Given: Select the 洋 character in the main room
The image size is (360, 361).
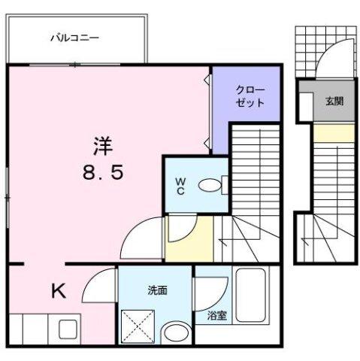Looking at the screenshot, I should [102, 144].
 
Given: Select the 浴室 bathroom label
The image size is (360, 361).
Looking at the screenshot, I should [217, 317].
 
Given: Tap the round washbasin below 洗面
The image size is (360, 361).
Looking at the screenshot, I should [176, 332].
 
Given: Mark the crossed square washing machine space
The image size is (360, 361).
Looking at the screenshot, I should [138, 327].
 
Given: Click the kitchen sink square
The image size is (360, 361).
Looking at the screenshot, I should [66, 330].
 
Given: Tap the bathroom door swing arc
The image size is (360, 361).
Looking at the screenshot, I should [210, 286].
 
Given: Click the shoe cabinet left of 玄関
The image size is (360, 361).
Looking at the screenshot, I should [305, 104].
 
